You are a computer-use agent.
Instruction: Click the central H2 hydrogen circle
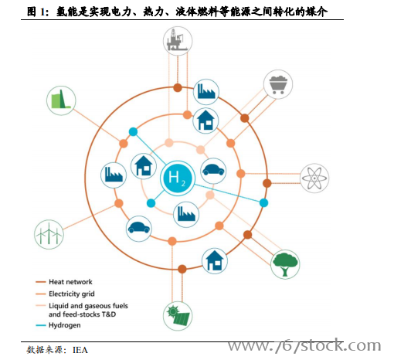(x=178, y=178)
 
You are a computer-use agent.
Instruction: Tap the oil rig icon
(x=178, y=41)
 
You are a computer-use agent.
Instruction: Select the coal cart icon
(x=278, y=84)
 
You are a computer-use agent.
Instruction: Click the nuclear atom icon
(x=314, y=178)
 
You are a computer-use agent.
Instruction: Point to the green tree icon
(x=285, y=264)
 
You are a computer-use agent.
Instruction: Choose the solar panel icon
(x=178, y=316)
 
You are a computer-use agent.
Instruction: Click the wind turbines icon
(x=49, y=234)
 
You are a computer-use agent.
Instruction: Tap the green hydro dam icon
(x=61, y=100)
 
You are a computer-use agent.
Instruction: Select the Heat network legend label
(x=70, y=282)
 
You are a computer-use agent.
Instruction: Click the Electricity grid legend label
(x=72, y=294)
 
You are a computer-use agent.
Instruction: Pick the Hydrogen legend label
(x=65, y=325)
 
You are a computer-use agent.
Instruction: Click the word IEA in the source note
(x=80, y=350)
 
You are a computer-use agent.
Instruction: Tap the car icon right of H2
(x=213, y=171)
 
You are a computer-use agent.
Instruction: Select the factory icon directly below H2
(x=186, y=214)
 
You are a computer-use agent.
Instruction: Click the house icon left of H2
(x=144, y=166)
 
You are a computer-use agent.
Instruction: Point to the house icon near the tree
(x=215, y=261)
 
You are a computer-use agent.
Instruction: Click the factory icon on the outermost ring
(x=206, y=92)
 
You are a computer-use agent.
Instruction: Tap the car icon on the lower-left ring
(x=139, y=229)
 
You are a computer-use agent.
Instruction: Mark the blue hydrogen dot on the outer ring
(x=263, y=203)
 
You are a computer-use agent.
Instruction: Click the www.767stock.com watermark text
(x=304, y=345)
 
